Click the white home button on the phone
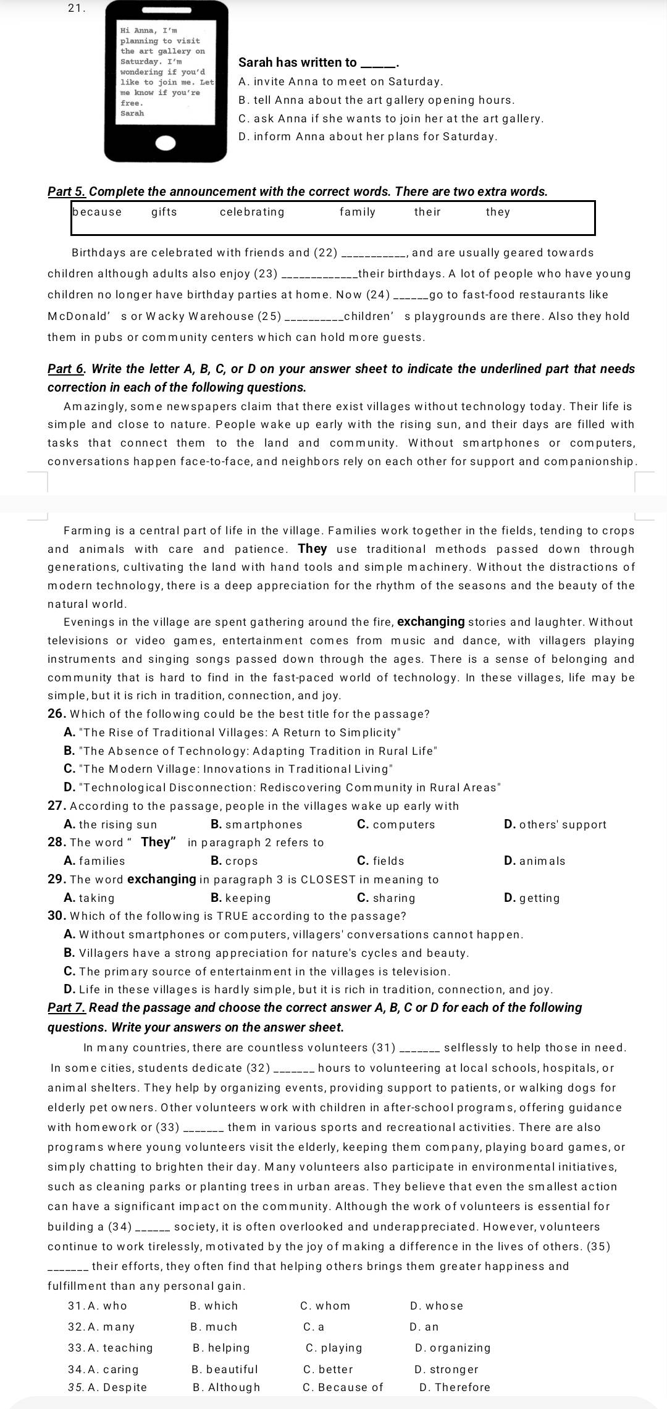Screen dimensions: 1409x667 click(x=166, y=143)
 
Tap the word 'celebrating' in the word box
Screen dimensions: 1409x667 click(x=252, y=212)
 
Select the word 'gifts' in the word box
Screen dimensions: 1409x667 click(x=164, y=212)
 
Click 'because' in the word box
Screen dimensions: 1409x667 click(x=97, y=212)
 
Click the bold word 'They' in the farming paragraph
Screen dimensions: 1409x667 click(x=313, y=549)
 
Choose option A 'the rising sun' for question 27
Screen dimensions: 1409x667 click(x=111, y=825)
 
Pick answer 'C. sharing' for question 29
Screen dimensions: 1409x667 click(x=386, y=898)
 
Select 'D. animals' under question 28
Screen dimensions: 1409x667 click(x=534, y=861)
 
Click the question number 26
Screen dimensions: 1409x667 click(x=56, y=714)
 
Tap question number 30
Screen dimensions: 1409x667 click(x=57, y=915)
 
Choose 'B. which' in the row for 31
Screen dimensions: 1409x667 click(x=214, y=1306)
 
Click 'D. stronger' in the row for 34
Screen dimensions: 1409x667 click(x=447, y=1369)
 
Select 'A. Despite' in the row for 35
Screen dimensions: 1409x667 click(x=108, y=1387)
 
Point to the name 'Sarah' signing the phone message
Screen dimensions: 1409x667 click(x=132, y=113)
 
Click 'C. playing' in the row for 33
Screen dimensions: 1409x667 click(x=334, y=1348)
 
